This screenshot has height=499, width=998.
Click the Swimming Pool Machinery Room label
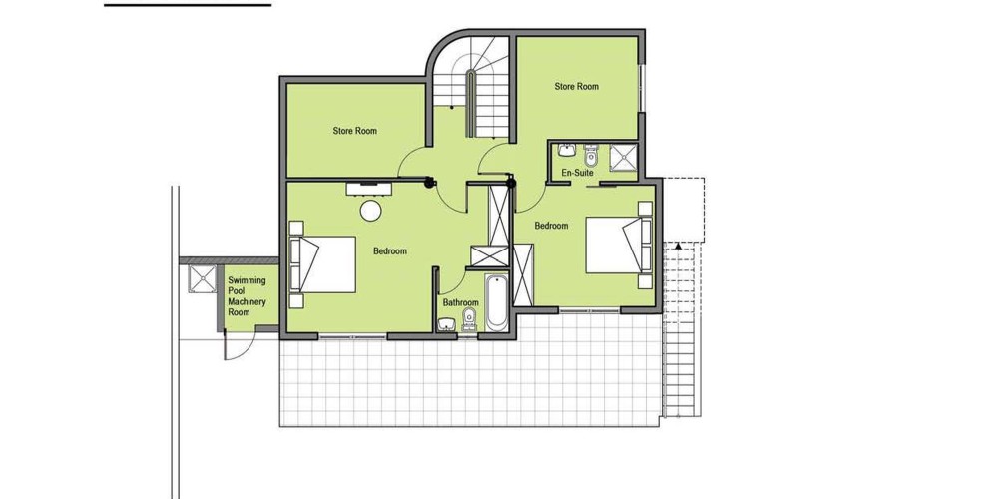click(247, 296)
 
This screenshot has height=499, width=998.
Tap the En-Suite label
click(577, 173)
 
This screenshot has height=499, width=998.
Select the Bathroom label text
click(460, 303)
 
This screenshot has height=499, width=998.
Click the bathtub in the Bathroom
click(496, 303)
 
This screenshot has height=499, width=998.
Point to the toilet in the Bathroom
click(469, 319)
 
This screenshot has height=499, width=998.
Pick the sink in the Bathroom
click(447, 324)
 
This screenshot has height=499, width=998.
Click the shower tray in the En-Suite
click(623, 158)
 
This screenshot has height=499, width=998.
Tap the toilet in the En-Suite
click(591, 155)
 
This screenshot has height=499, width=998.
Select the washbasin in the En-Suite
click(567, 151)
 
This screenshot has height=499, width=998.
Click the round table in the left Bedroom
click(370, 211)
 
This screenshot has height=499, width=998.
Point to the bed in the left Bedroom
click(322, 264)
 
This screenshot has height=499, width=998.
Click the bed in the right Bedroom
click(619, 246)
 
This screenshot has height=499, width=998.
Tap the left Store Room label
click(354, 131)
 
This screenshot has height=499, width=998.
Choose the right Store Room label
click(576, 86)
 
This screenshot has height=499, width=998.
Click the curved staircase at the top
click(472, 86)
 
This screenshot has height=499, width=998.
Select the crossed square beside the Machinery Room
click(203, 278)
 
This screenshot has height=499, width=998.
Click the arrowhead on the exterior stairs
click(679, 246)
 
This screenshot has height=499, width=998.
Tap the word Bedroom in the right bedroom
click(551, 226)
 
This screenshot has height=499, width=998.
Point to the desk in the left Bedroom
click(368, 189)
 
